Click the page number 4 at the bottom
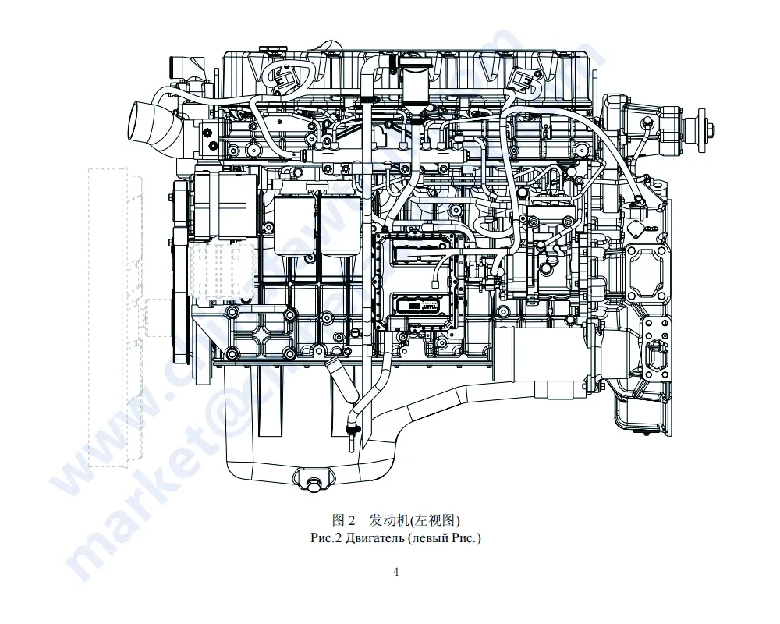pyautogui.click(x=395, y=572)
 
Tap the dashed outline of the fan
pyautogui.click(x=117, y=312)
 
